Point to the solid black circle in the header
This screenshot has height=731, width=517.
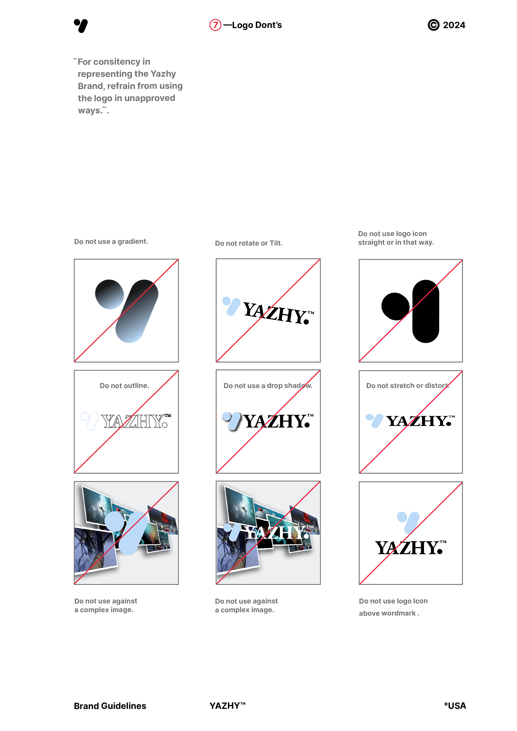(433, 25)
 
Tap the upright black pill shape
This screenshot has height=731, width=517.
(426, 311)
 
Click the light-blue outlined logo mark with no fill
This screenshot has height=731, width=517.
(89, 421)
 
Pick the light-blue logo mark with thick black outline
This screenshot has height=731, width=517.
(232, 421)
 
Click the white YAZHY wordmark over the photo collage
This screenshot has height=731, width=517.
(276, 532)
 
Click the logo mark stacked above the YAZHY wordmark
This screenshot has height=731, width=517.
(408, 521)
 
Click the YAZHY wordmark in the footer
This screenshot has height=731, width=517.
(227, 706)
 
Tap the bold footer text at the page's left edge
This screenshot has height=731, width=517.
(110, 706)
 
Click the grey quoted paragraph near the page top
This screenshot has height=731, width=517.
(127, 86)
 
